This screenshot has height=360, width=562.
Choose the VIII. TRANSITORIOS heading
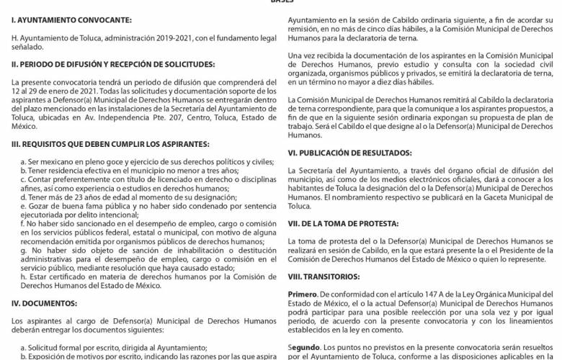coord(322,275)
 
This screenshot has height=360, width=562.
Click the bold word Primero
coord(302,294)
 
